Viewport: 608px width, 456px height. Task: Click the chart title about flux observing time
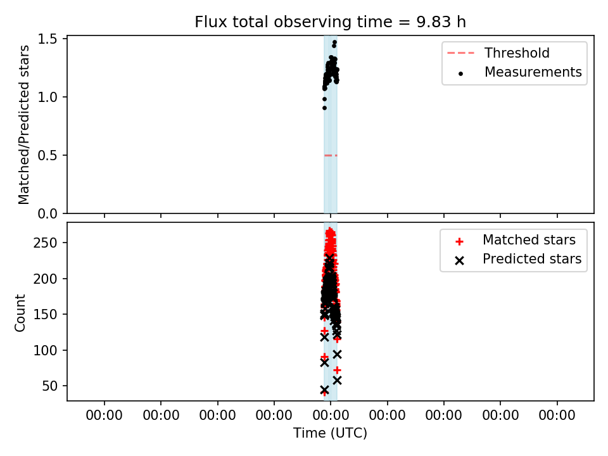[330, 22]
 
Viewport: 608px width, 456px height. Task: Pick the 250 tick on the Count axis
[45, 243]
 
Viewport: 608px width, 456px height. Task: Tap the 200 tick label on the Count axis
[45, 279]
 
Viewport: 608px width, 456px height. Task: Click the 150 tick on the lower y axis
[45, 315]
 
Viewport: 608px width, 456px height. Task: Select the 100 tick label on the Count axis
[45, 350]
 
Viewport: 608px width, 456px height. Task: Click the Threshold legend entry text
[517, 53]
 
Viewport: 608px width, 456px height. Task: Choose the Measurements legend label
[533, 72]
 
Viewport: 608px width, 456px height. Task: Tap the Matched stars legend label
[529, 240]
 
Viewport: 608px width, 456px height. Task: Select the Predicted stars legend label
[532, 259]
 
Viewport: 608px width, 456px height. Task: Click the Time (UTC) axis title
[330, 433]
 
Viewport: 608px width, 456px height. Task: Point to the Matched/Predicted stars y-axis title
[23, 125]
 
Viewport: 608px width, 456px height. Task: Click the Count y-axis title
[20, 313]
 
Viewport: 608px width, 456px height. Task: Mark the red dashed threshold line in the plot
[331, 156]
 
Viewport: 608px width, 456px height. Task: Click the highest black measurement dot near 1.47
[334, 42]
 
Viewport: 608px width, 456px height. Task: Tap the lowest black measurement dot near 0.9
[324, 108]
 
